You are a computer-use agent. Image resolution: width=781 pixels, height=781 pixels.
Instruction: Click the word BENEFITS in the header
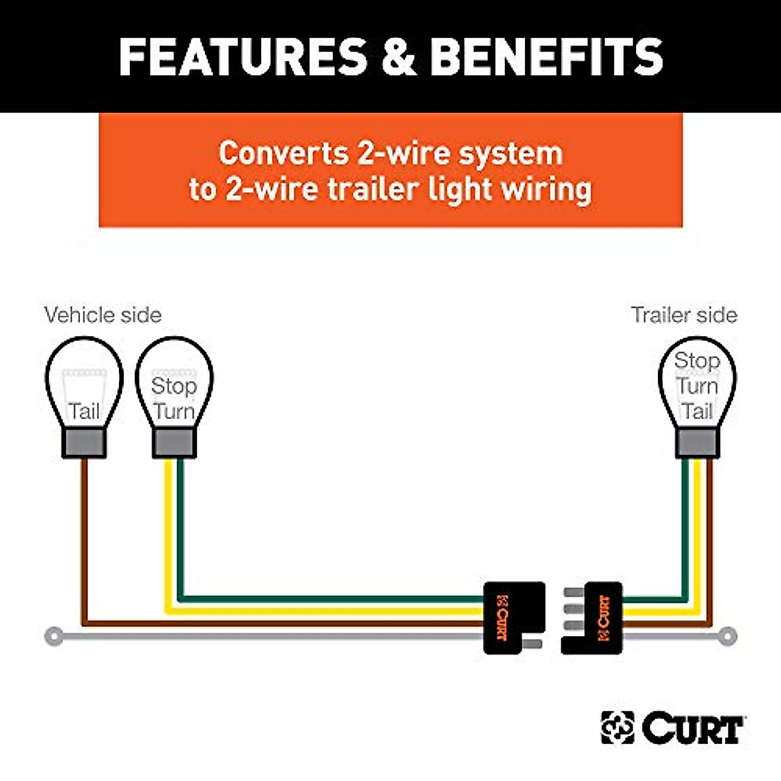click(546, 57)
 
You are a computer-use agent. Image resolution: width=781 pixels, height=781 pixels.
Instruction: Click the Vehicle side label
click(103, 315)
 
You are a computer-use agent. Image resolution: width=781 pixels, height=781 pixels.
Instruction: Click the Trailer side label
click(684, 315)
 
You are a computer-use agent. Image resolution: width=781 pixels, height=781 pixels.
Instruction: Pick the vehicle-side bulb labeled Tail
click(84, 384)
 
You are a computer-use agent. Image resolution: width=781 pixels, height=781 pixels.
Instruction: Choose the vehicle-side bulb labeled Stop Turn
click(174, 384)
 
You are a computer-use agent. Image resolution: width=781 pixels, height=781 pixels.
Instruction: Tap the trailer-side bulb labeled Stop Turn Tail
click(697, 384)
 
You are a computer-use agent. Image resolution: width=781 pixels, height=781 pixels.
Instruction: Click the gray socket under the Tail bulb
click(84, 443)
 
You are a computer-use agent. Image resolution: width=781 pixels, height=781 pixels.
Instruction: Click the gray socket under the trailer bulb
click(697, 443)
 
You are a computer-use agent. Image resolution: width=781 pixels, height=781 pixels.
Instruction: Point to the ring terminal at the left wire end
click(55, 636)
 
